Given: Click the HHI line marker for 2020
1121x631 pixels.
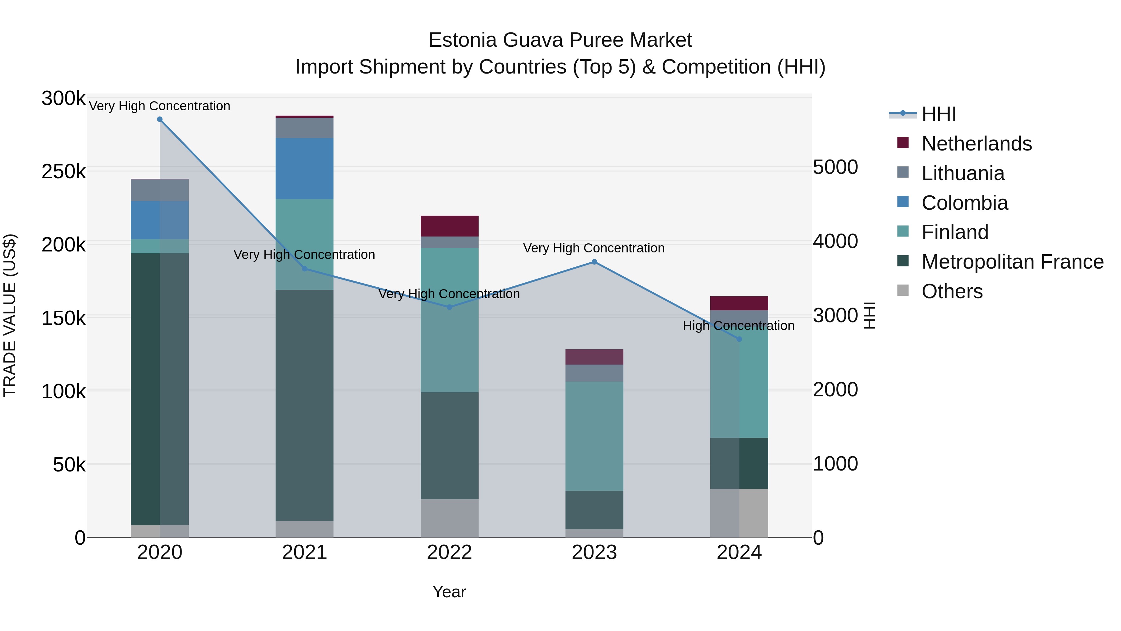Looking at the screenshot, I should (x=160, y=119).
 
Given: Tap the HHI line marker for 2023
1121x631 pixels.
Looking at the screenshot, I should (x=594, y=262).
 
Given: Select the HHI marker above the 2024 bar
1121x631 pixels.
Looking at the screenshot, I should (x=739, y=339).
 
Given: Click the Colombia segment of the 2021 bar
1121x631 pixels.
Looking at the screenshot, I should (x=304, y=169).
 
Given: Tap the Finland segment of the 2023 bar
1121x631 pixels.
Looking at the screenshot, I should (x=594, y=436).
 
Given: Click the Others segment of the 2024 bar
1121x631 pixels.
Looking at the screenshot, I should (x=739, y=513).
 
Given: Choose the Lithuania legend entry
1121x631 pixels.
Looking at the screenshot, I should (x=963, y=173).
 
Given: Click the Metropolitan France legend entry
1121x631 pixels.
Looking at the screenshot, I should (x=1012, y=262).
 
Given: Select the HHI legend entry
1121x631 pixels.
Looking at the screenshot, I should (x=939, y=114).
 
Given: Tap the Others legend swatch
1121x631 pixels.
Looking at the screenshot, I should (x=903, y=290).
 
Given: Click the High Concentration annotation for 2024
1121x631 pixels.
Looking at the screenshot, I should (x=739, y=325).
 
